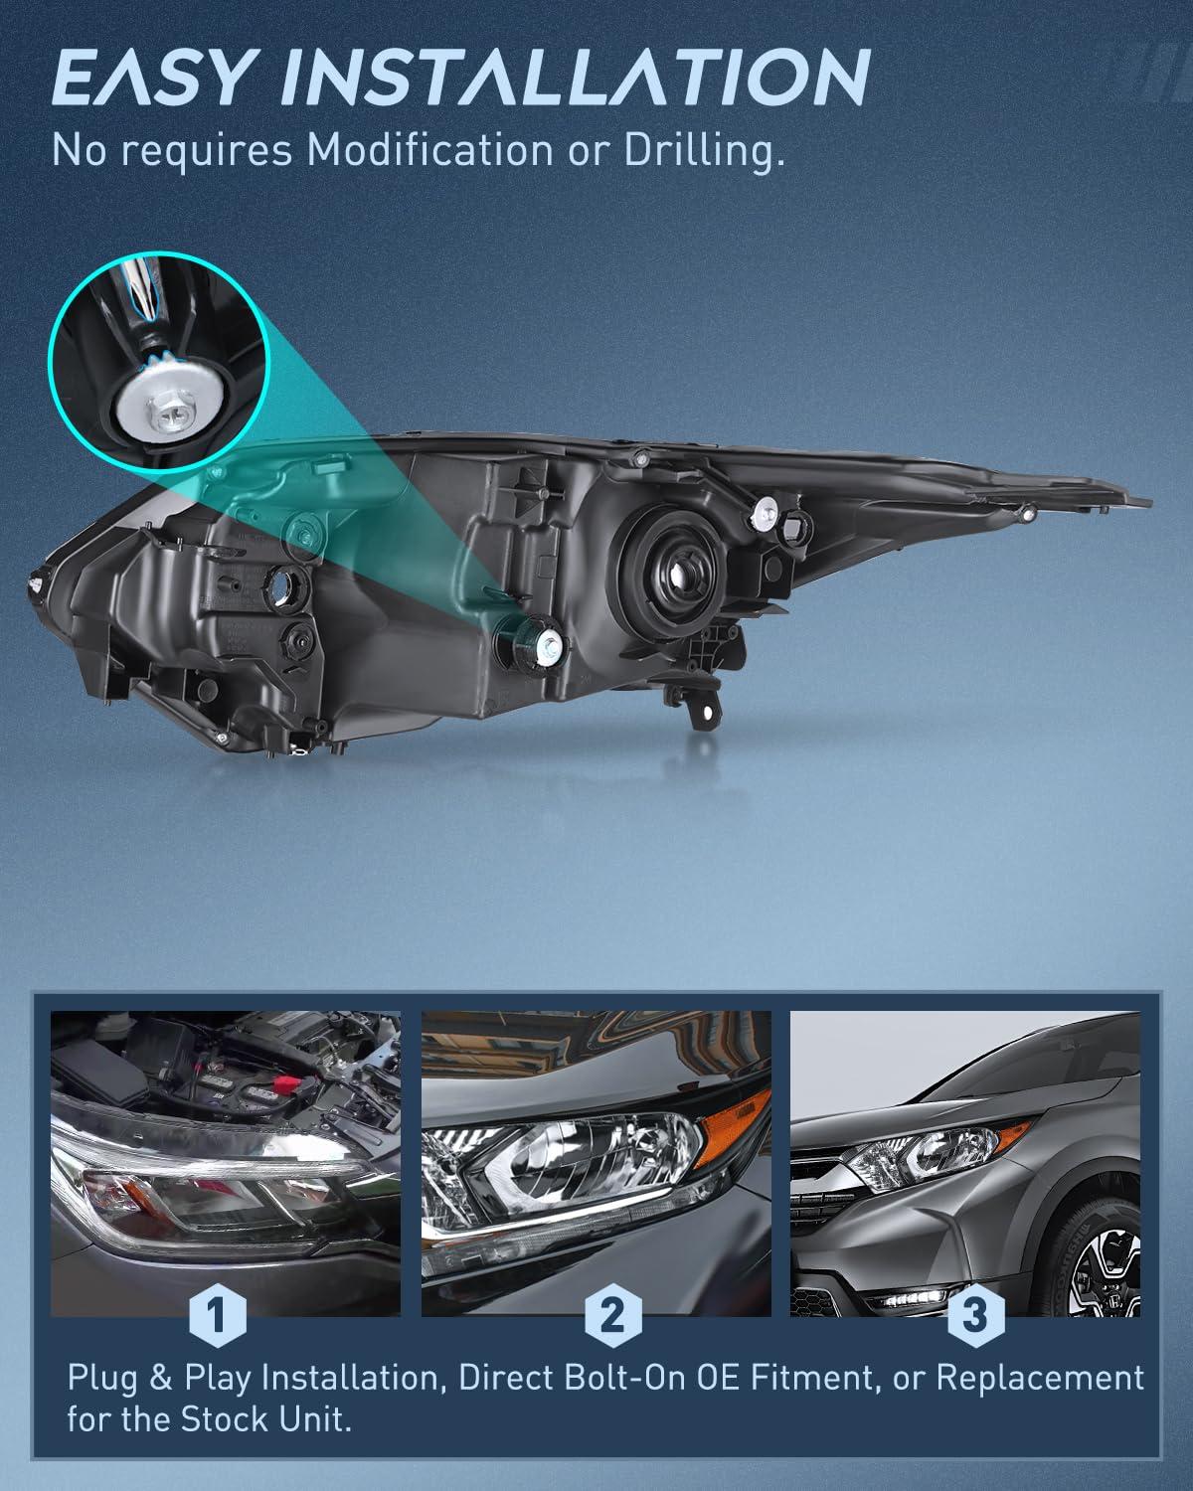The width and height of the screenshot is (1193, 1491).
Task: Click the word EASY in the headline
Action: (x=149, y=78)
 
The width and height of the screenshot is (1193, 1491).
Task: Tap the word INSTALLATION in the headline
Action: (x=577, y=78)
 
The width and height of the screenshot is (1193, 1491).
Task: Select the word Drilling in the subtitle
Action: (x=704, y=150)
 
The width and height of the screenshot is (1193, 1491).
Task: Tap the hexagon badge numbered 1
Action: (x=218, y=1314)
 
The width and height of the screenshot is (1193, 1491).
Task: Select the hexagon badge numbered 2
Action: (x=612, y=1314)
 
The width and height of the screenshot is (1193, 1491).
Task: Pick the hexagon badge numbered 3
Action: (x=975, y=1314)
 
